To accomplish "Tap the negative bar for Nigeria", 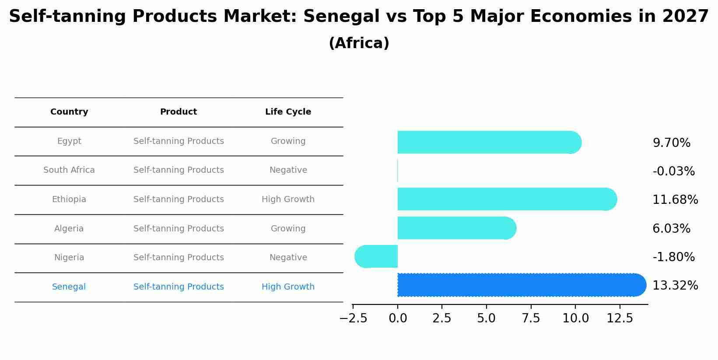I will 376,256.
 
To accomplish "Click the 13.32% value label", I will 675,286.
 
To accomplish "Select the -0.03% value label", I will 673,171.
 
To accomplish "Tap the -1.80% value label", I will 673,257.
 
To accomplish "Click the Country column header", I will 69,112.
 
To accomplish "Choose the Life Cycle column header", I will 288,112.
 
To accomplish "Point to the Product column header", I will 179,112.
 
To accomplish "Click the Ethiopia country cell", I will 69,199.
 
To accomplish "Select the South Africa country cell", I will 69,170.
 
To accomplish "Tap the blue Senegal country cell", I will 69,287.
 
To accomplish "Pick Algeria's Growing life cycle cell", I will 288,229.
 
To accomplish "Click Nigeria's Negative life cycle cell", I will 288,258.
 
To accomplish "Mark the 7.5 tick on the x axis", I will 531,318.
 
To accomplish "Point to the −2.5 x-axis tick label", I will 353,318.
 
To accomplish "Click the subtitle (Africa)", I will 359,43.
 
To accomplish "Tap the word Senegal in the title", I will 341,17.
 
